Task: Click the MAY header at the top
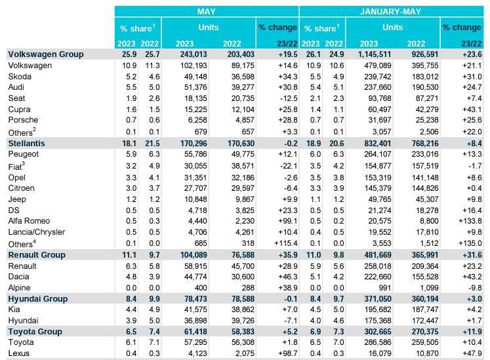coord(206,12)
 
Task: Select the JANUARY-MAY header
coord(391,12)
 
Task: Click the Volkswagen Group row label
coord(46,54)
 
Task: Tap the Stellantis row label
coord(26,144)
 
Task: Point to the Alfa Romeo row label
coord(29,221)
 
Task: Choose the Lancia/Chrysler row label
coord(37,232)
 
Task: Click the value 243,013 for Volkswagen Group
coord(194,54)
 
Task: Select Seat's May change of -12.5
coord(289,98)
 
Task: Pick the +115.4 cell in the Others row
coord(286,243)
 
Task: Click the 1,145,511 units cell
coord(375,54)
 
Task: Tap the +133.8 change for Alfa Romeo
coord(470,221)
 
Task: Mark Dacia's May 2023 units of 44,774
coord(195,277)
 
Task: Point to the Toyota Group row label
coord(35,332)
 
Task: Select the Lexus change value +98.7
coord(288,353)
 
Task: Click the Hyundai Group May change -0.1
coord(291,299)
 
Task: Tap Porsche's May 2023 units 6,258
coord(198,120)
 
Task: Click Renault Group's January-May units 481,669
coord(378,255)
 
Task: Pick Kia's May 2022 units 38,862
coord(243,310)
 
